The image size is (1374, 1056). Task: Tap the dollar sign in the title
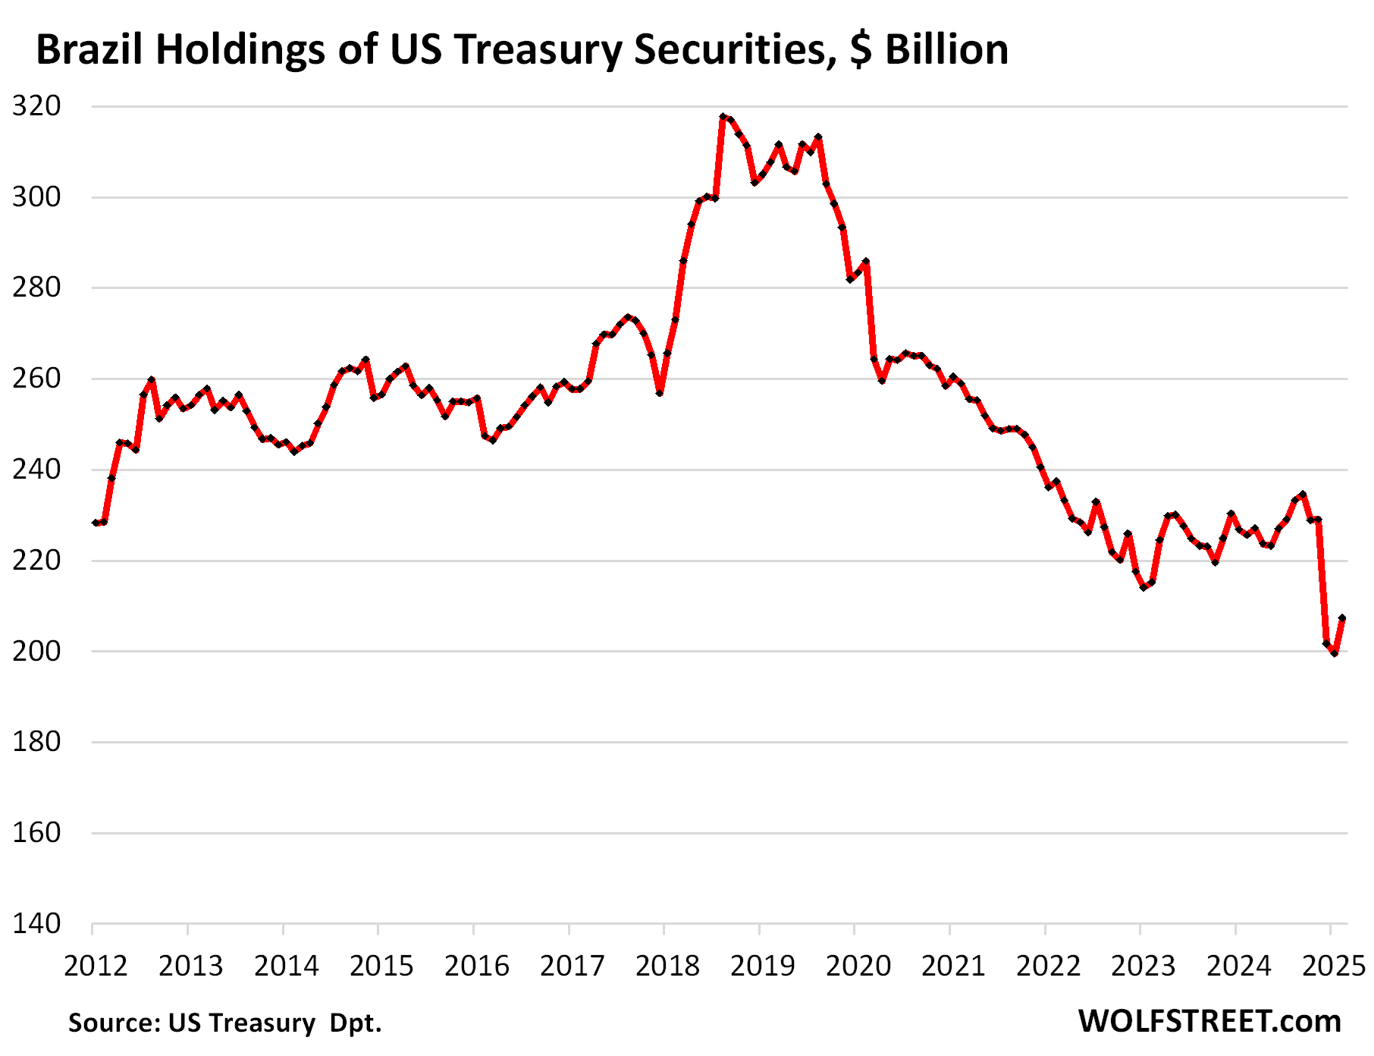click(x=861, y=50)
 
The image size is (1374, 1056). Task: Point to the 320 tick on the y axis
click(x=36, y=106)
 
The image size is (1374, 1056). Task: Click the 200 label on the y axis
click(x=36, y=651)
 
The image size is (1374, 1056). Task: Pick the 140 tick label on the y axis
click(x=36, y=923)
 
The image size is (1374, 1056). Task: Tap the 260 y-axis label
click(x=36, y=379)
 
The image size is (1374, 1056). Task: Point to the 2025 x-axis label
click(x=1332, y=966)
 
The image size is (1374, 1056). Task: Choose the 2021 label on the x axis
click(x=952, y=966)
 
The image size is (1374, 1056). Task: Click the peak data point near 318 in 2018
click(x=723, y=117)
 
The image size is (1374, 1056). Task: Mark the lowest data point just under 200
click(x=1334, y=653)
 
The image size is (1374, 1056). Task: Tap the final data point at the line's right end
click(x=1342, y=618)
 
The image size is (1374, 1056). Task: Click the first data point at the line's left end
click(x=96, y=523)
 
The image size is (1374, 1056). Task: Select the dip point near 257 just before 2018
click(x=660, y=393)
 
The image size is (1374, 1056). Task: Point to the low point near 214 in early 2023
click(x=1143, y=587)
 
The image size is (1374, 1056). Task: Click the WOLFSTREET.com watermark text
click(x=1209, y=1021)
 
